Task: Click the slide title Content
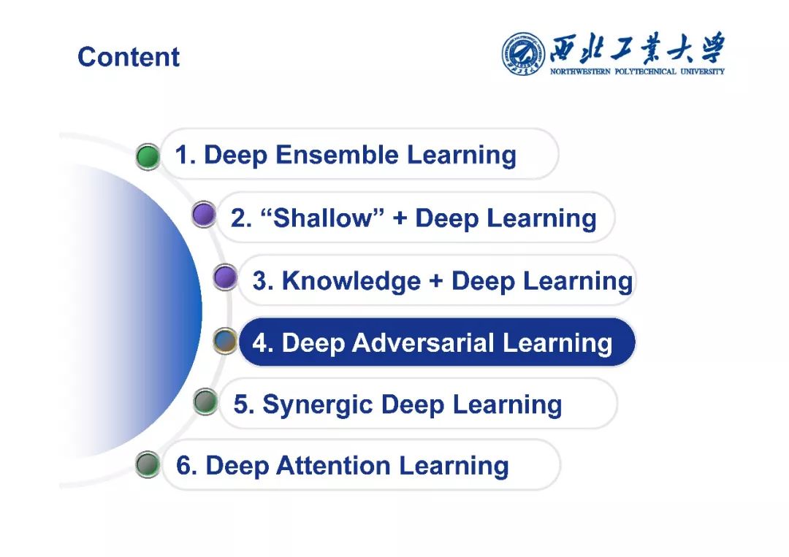tap(129, 56)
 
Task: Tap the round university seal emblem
tap(523, 54)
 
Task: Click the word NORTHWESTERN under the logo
tap(580, 72)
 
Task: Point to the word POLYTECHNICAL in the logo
tap(646, 72)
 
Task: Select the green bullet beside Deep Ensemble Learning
tap(148, 156)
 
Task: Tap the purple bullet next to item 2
tap(204, 215)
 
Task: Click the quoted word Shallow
tap(323, 218)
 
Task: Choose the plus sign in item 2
tap(400, 219)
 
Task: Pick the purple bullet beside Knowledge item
tap(225, 277)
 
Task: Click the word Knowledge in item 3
tap(351, 280)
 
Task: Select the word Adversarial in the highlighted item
tap(423, 343)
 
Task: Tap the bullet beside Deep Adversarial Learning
tap(225, 340)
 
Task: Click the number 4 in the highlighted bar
tap(260, 343)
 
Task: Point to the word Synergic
tap(318, 404)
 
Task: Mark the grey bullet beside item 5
tap(205, 402)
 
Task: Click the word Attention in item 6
tap(333, 466)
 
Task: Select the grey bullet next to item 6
tap(148, 464)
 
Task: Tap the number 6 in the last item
tap(183, 466)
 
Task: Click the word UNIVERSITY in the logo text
tap(703, 72)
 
